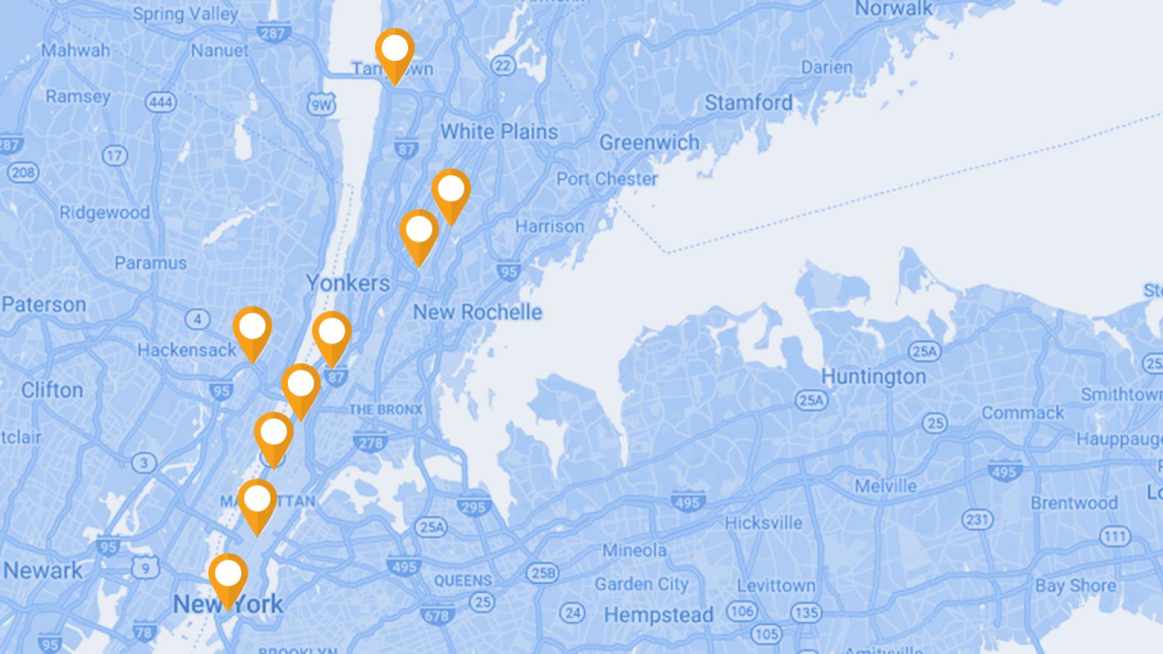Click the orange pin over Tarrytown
pyautogui.click(x=395, y=51)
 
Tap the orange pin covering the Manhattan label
pyautogui.click(x=257, y=501)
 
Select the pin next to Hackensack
pyautogui.click(x=252, y=329)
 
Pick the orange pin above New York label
pyautogui.click(x=228, y=576)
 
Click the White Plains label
pyautogui.click(x=499, y=132)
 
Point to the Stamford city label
pyautogui.click(x=749, y=103)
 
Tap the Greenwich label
pyautogui.click(x=649, y=142)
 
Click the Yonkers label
pyautogui.click(x=347, y=283)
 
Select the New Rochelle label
pyautogui.click(x=478, y=312)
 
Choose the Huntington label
pyautogui.click(x=873, y=376)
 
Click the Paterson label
pyautogui.click(x=44, y=304)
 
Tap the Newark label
pyautogui.click(x=43, y=570)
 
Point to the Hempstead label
pyautogui.click(x=659, y=615)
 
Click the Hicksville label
pyautogui.click(x=763, y=523)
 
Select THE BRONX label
pyautogui.click(x=385, y=410)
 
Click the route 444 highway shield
pyautogui.click(x=161, y=102)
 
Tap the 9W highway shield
pyautogui.click(x=321, y=104)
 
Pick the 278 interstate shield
pyautogui.click(x=371, y=442)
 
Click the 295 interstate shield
pyautogui.click(x=473, y=506)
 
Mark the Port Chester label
pyautogui.click(x=607, y=179)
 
